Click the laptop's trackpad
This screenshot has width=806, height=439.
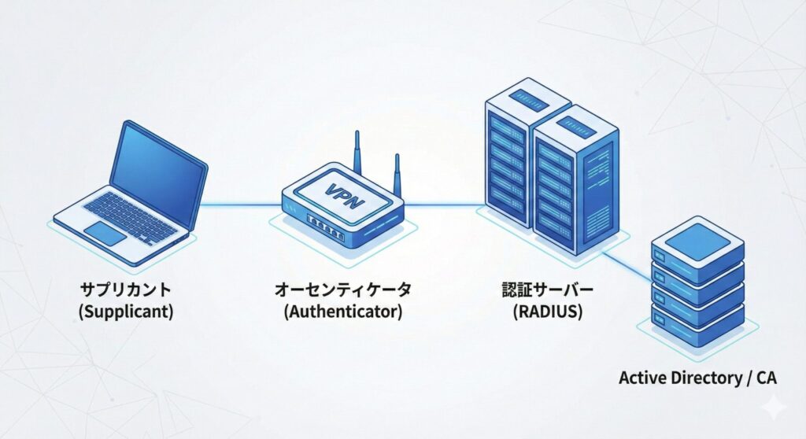105,234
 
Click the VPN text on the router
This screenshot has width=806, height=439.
344,195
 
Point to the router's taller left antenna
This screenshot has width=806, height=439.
357,153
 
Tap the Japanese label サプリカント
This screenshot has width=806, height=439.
126,289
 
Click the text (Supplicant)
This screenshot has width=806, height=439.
126,311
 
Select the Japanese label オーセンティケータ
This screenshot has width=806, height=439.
342,289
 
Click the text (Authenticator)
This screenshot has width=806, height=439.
342,311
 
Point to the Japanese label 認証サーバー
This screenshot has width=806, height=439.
548,289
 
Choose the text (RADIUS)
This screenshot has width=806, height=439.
548,311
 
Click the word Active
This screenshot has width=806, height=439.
641,378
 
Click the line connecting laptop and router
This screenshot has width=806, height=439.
240,206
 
